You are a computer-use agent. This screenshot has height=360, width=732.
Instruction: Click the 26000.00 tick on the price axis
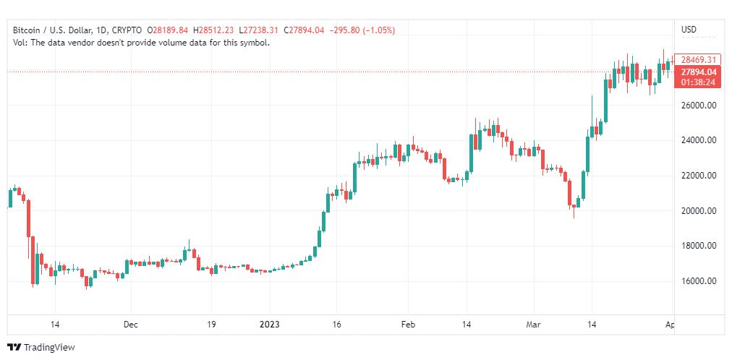point(699,106)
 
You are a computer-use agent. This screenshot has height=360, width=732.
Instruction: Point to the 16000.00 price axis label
point(699,281)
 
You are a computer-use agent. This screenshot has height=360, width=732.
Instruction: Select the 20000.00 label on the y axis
point(699,211)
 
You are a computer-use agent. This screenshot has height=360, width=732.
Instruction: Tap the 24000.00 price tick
point(699,140)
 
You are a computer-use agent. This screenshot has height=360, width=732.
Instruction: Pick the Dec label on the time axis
point(130,325)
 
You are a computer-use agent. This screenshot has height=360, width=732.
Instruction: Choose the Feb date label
point(408,325)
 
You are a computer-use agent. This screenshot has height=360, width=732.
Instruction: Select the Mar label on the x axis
point(533,325)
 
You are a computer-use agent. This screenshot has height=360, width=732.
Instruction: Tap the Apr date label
point(669,325)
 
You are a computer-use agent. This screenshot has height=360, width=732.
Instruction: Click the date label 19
point(211,325)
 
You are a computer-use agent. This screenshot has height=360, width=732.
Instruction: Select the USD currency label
point(689,30)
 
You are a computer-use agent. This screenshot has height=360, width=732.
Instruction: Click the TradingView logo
point(42,348)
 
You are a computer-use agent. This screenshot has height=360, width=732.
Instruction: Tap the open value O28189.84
point(168,30)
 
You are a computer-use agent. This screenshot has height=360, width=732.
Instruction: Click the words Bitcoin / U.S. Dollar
point(52,30)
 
